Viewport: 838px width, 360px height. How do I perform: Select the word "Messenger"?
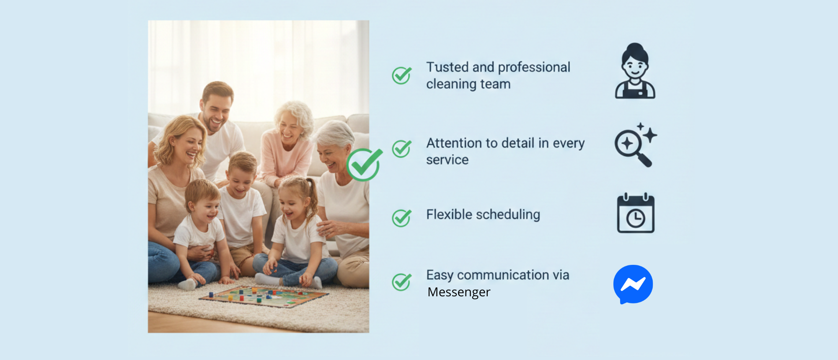pyautogui.click(x=459, y=292)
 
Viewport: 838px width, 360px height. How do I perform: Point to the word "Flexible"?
pyautogui.click(x=450, y=214)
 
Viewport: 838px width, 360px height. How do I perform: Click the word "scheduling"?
pyautogui.click(x=509, y=215)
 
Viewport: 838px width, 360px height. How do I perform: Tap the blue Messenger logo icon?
pyautogui.click(x=633, y=284)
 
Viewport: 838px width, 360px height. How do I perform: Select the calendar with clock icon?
pyautogui.click(x=636, y=213)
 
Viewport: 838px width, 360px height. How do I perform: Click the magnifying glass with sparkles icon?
pyautogui.click(x=635, y=145)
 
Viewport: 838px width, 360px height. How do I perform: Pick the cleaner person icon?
pyautogui.click(x=635, y=71)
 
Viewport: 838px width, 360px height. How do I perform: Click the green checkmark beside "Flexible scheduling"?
pyautogui.click(x=401, y=218)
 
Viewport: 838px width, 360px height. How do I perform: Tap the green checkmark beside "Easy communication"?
pyautogui.click(x=401, y=282)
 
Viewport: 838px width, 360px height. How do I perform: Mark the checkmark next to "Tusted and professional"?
pyautogui.click(x=401, y=75)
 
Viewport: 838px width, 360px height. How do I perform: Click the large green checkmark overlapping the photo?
pyautogui.click(x=364, y=165)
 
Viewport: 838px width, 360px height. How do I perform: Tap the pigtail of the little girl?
pyautogui.click(x=313, y=197)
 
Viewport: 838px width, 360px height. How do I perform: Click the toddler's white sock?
pyautogui.click(x=187, y=285)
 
